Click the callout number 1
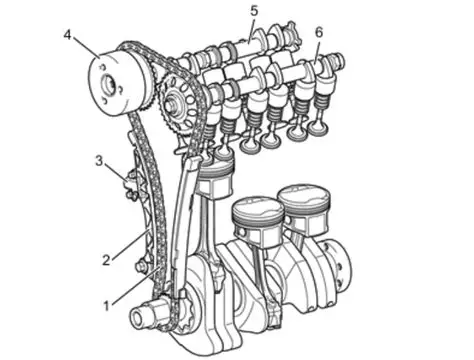[x=106, y=305]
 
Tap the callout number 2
[x=106, y=260]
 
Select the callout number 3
[x=99, y=161]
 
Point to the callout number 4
[x=68, y=35]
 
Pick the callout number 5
[x=254, y=11]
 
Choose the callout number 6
[x=319, y=32]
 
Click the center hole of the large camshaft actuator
[x=109, y=85]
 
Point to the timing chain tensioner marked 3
[x=131, y=185]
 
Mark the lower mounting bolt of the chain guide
[x=139, y=267]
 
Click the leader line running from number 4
[x=86, y=47]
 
